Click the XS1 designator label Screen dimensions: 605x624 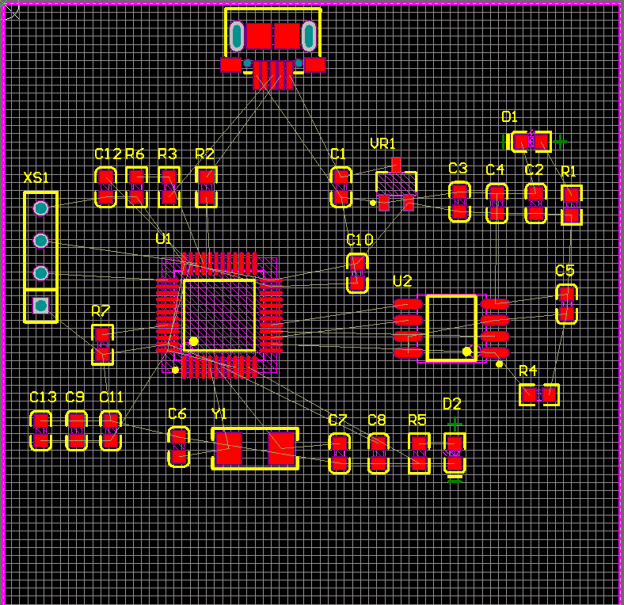[x=36, y=177]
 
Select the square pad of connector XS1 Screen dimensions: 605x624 [x=41, y=305]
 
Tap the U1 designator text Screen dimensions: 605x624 [x=163, y=238]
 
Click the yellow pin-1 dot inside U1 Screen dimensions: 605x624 [x=193, y=341]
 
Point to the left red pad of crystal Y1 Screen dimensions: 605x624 [x=228, y=449]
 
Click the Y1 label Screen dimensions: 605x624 [x=219, y=413]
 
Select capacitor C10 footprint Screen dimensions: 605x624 [x=358, y=272]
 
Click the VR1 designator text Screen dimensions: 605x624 [x=382, y=143]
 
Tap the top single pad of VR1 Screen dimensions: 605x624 [x=397, y=165]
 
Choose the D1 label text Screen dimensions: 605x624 [x=509, y=117]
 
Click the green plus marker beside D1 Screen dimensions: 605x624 [x=561, y=142]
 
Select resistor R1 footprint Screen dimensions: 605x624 [x=571, y=204]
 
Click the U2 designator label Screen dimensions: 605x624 [x=402, y=281]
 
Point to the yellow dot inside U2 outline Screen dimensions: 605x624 [x=467, y=351]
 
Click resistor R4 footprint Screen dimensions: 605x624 [x=539, y=394]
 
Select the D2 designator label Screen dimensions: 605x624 [x=451, y=404]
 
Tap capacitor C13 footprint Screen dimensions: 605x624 [x=41, y=431]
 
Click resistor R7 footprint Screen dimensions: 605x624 [x=102, y=344]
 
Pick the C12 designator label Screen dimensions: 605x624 [x=108, y=154]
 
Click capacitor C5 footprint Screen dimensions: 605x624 [x=565, y=304]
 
